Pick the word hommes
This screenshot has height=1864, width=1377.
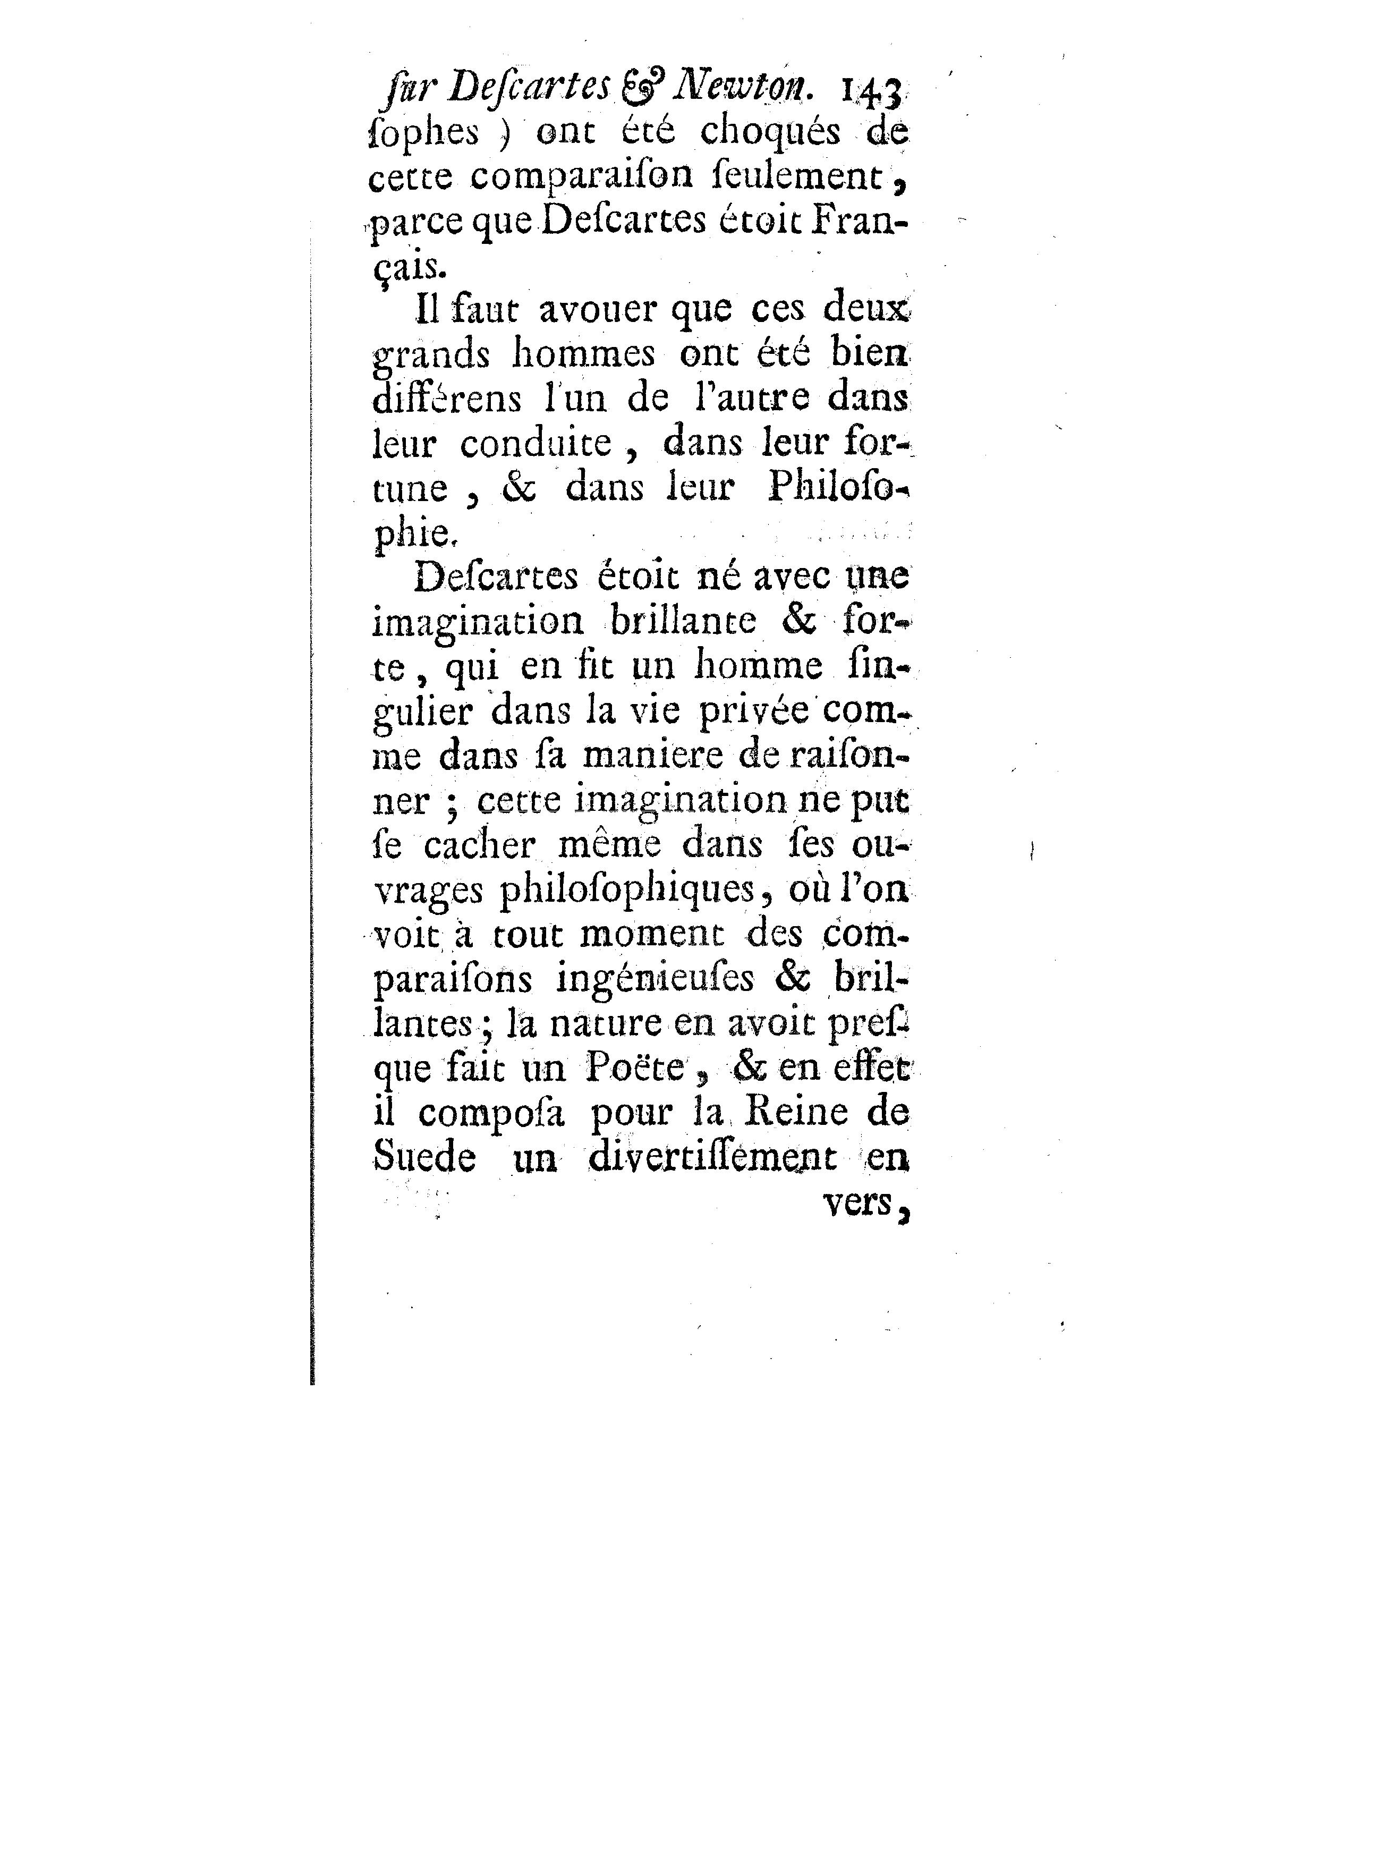[x=583, y=355]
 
